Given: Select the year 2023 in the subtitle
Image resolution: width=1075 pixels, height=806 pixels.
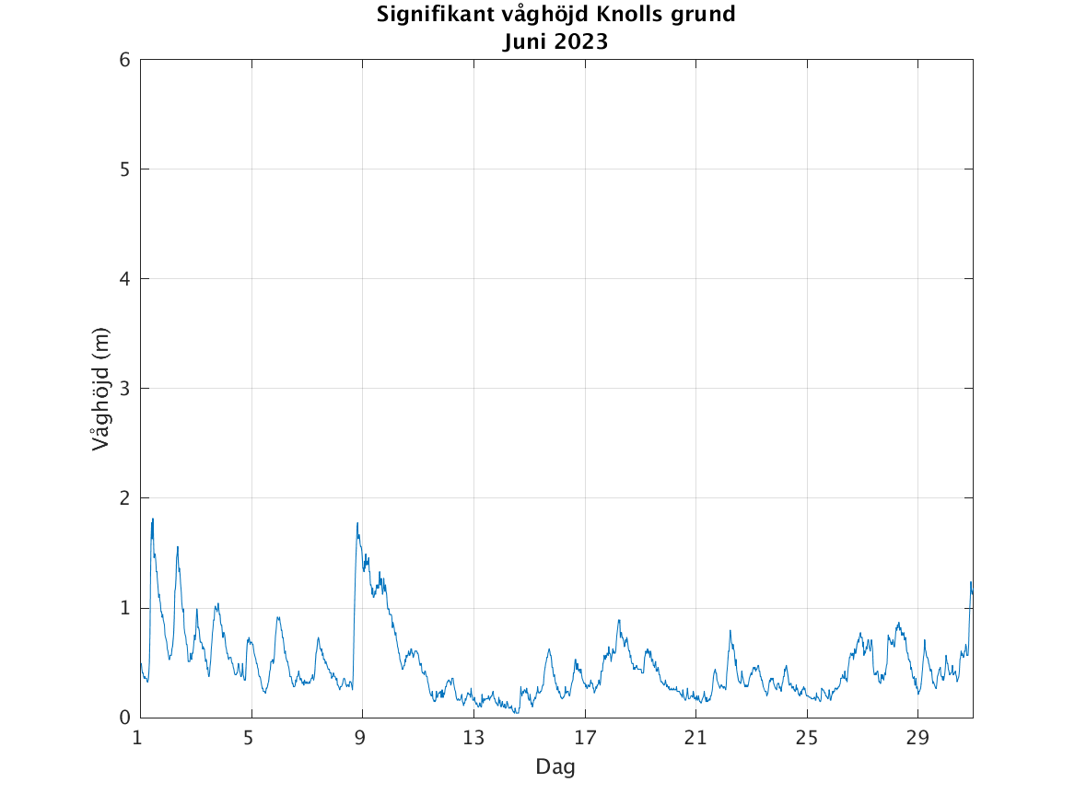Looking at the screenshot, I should pyautogui.click(x=580, y=41).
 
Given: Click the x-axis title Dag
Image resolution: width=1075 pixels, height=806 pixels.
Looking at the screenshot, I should pyautogui.click(x=555, y=766).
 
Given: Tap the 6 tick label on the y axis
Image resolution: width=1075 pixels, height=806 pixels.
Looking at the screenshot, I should pyautogui.click(x=123, y=60).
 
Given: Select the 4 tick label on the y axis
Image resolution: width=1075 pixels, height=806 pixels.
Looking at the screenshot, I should pyautogui.click(x=123, y=279).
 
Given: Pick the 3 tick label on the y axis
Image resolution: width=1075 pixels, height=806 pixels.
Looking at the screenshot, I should pyautogui.click(x=123, y=389).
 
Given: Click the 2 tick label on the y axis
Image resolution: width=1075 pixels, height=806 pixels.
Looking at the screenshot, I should pyautogui.click(x=123, y=498).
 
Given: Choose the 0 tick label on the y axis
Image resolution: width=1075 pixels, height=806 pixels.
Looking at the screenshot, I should pyautogui.click(x=123, y=718).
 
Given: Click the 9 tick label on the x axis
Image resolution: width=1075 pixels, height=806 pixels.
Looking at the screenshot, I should pyautogui.click(x=362, y=738).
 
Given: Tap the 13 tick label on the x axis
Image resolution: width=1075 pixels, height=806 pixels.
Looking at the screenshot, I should pyautogui.click(x=473, y=738).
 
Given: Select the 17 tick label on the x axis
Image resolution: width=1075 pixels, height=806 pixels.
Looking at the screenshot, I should pyautogui.click(x=585, y=738).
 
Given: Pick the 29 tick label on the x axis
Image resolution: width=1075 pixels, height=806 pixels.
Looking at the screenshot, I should pyautogui.click(x=917, y=738).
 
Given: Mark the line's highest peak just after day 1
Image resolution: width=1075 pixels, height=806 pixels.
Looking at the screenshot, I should pyautogui.click(x=152, y=520).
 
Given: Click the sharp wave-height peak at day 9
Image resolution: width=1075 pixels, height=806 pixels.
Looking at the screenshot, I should pyautogui.click(x=357, y=524).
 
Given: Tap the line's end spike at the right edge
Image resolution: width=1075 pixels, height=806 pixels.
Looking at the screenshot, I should pyautogui.click(x=971, y=582).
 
